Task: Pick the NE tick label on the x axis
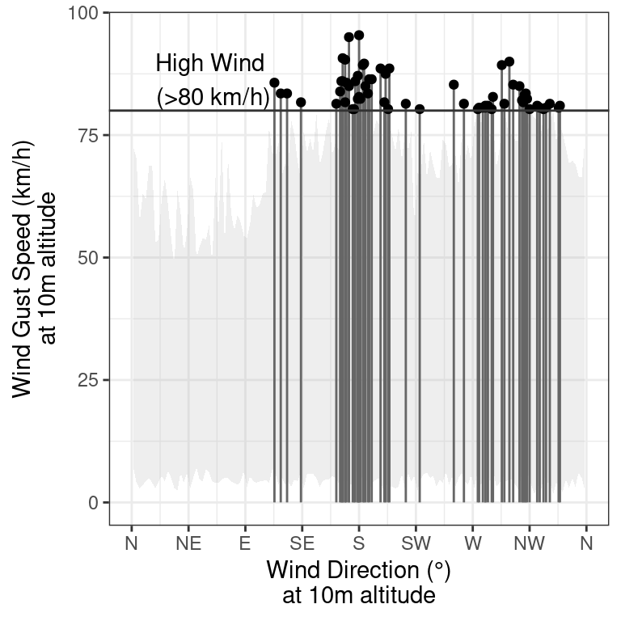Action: [188, 544]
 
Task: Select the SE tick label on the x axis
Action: [302, 544]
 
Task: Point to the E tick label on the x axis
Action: [244, 544]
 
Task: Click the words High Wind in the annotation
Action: [209, 63]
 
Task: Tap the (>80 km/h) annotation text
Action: [212, 98]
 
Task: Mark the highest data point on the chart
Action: [359, 36]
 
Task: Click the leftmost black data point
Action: [274, 82]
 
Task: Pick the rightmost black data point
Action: [560, 106]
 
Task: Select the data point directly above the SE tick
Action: [301, 102]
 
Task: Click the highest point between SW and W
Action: [454, 85]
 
